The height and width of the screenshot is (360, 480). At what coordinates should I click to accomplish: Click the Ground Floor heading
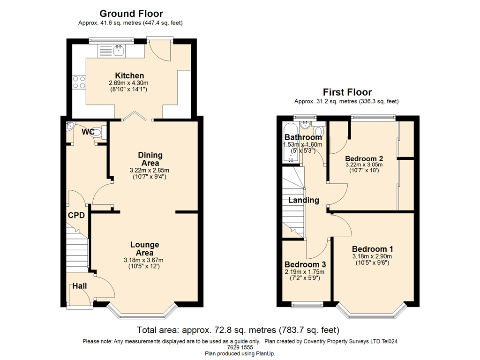tap(131, 14)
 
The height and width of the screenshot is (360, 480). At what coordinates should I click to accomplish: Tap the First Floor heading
tap(347, 92)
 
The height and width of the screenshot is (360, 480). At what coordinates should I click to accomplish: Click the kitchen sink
tap(118, 51)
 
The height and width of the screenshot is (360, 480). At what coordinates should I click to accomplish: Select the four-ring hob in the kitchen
tap(79, 82)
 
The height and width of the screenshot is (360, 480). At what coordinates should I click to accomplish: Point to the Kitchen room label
tap(129, 75)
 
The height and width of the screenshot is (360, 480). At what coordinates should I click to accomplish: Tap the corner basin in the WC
tap(70, 126)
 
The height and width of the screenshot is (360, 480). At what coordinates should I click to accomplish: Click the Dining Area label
tap(150, 159)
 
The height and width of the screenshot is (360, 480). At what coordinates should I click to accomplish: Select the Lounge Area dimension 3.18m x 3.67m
tap(143, 260)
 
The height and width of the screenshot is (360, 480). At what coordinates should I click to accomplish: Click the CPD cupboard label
tap(76, 215)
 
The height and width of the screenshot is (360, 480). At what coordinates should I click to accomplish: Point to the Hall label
tap(80, 286)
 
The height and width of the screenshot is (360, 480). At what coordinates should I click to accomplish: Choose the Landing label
tap(304, 200)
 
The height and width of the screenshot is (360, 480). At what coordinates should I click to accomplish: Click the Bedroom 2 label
tap(364, 158)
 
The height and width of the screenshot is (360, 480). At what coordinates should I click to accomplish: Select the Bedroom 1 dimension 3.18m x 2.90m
tap(372, 256)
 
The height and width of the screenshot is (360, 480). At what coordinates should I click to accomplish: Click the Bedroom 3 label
tap(305, 264)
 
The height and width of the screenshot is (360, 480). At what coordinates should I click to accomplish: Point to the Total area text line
tap(238, 330)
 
